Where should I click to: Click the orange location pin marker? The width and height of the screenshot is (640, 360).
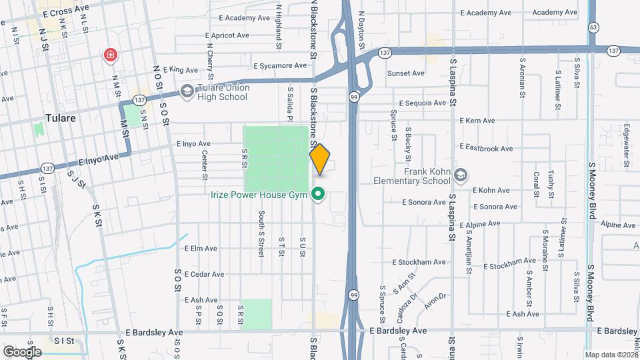point(320,159)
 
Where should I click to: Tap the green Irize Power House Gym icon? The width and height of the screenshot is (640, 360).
point(319,195)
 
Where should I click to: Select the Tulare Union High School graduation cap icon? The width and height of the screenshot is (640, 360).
point(188,90)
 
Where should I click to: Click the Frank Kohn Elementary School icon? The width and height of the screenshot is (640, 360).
point(460,175)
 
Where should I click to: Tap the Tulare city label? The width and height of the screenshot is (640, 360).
point(61,118)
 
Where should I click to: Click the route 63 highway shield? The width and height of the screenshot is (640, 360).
point(593,27)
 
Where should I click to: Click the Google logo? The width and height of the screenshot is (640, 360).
point(22,351)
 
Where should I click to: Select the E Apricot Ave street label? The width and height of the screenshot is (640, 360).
point(227,35)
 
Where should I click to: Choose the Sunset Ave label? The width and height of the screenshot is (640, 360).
point(407,73)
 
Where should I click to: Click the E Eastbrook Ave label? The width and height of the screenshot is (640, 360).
point(488,146)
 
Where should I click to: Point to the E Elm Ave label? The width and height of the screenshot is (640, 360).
point(201,249)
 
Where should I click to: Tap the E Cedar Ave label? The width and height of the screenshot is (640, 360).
point(205,274)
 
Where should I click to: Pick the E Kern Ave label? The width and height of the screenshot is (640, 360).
point(477,121)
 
